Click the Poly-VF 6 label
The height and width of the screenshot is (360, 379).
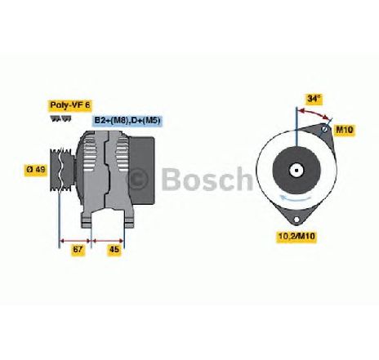click(70, 105)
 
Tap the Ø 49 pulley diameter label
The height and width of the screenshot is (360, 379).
click(36, 169)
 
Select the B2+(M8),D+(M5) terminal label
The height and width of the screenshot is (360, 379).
click(127, 121)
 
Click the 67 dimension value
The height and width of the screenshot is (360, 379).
click(78, 249)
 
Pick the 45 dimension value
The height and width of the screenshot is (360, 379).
click(114, 249)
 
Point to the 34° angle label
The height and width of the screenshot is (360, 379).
click(314, 99)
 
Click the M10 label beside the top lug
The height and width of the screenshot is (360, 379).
click(345, 130)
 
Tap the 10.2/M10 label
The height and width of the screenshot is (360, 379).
click(297, 236)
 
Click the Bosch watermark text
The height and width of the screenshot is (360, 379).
click(207, 179)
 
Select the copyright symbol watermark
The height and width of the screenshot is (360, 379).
click(138, 179)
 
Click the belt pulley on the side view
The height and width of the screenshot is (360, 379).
click(62, 170)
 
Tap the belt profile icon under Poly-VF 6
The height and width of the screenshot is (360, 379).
click(60, 118)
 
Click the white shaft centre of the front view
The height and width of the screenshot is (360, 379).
click(297, 171)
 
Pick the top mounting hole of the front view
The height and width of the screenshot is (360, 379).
click(324, 129)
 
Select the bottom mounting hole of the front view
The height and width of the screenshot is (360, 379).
click(297, 219)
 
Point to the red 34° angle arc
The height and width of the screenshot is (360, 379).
click(314, 113)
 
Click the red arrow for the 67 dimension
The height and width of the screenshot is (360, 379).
click(75, 241)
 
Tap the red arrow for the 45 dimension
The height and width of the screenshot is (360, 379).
click(108, 241)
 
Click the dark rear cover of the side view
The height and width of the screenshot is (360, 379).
click(141, 171)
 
